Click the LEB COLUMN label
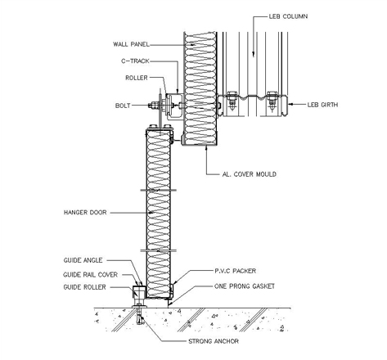pyautogui.click(x=288, y=16)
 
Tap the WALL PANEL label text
pyautogui.click(x=131, y=44)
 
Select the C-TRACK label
pyautogui.click(x=135, y=61)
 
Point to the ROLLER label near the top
pyautogui.click(x=137, y=78)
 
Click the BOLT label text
pyautogui.click(x=123, y=106)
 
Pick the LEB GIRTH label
pyautogui.click(x=322, y=105)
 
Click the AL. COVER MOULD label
pyautogui.click(x=250, y=174)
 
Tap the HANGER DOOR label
pyautogui.click(x=85, y=212)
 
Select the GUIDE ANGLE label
pyautogui.click(x=83, y=260)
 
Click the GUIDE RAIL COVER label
pyautogui.click(x=90, y=275)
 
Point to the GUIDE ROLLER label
pyautogui.click(x=84, y=287)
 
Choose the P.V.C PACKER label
pyautogui.click(x=236, y=271)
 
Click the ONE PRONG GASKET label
pyautogui.click(x=245, y=286)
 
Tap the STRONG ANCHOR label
pyautogui.click(x=214, y=341)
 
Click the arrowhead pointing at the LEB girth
pyautogui.click(x=291, y=104)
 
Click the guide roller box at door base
pyautogui.click(x=139, y=292)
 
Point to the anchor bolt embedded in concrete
pyautogui.click(x=140, y=315)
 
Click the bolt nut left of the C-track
pyautogui.click(x=154, y=105)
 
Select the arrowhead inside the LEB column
pyautogui.click(x=254, y=54)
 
